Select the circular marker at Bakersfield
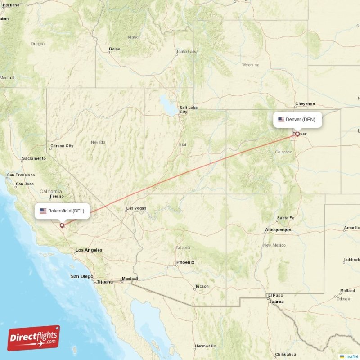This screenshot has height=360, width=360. click(x=62, y=225)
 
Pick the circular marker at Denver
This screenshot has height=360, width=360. click(x=297, y=134)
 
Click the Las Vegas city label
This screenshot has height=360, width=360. click(x=136, y=208)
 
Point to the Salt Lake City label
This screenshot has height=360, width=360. click(x=188, y=110)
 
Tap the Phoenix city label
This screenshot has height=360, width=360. click(x=185, y=262)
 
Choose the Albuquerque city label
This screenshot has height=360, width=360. click(x=278, y=229)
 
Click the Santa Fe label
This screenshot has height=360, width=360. click(x=285, y=218)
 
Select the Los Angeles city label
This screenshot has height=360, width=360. click(x=89, y=250)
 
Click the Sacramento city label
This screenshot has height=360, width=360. click(x=34, y=158)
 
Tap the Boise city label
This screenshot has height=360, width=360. click(x=114, y=49)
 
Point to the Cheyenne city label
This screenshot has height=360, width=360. click(x=305, y=104)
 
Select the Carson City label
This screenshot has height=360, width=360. click(x=62, y=146)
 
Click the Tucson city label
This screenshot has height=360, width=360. click(x=202, y=286)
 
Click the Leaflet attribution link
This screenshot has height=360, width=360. click(x=351, y=356)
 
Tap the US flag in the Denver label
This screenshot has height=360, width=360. click(x=281, y=120)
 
